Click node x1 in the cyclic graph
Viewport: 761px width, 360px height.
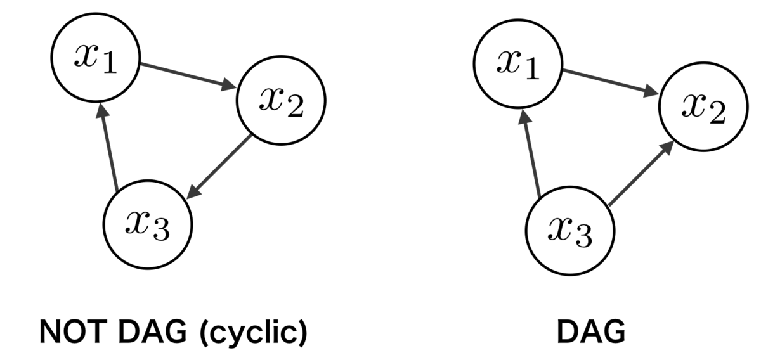[x=96, y=58]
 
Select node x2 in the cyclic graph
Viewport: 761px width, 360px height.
[x=282, y=101]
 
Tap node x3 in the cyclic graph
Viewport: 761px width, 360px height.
[x=148, y=225]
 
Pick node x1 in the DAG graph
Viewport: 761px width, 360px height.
[x=518, y=64]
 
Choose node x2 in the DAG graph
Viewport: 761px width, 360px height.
[x=703, y=106]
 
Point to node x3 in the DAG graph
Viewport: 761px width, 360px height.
[x=570, y=231]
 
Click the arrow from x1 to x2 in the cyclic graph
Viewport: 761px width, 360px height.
[x=188, y=76]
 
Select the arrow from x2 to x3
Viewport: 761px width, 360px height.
[x=219, y=167]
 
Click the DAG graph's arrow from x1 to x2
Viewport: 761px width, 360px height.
[x=611, y=82]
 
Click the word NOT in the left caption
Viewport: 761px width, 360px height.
[x=71, y=332]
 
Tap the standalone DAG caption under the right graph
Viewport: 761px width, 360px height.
[x=591, y=332]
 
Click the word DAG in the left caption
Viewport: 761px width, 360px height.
[x=153, y=332]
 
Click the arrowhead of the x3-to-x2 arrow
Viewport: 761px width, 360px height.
[x=667, y=148]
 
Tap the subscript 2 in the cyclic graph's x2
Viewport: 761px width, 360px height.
[x=296, y=106]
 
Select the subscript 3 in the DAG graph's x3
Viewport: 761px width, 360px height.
[x=583, y=236]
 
